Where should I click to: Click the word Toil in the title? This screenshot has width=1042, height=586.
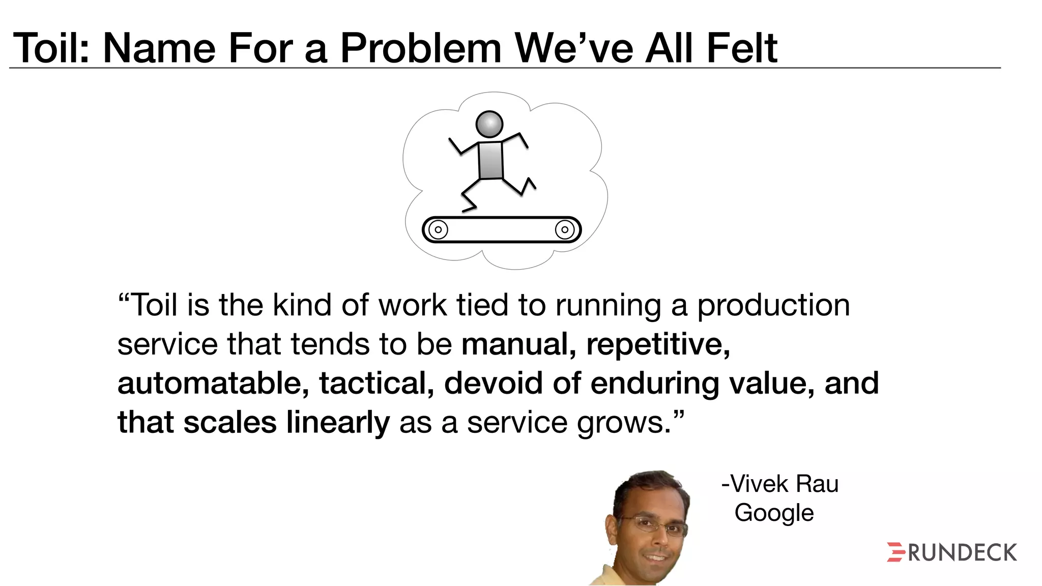point(51,48)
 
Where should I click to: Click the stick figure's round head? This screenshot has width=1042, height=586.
point(489,124)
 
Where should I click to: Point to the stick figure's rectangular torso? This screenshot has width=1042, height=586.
point(491,160)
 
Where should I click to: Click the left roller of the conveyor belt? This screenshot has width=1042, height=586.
point(438,229)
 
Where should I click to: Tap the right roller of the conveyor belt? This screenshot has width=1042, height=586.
point(565,229)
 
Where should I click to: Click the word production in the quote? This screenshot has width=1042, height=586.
point(773,306)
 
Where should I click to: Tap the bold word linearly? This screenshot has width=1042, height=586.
point(338,423)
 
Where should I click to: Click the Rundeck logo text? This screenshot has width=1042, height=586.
point(962,553)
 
